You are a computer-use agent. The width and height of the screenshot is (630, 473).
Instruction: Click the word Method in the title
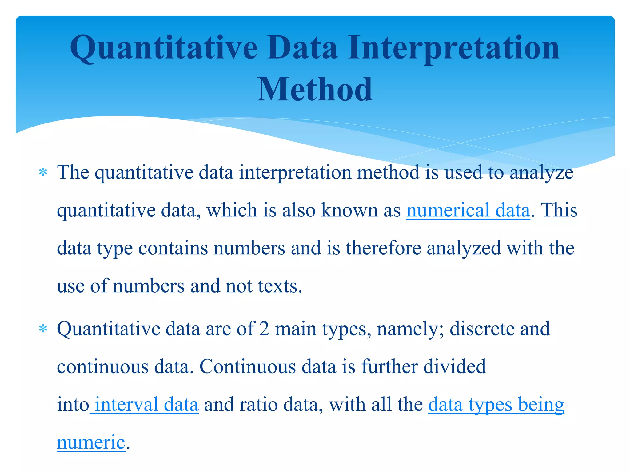(x=314, y=90)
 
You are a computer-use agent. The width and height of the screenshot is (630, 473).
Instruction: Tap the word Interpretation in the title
(x=454, y=48)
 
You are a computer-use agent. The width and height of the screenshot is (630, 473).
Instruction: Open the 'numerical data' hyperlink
(x=468, y=211)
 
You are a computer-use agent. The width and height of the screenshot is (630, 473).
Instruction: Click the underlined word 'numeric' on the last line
(x=91, y=443)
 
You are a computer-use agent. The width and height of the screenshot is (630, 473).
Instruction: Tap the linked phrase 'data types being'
(x=496, y=405)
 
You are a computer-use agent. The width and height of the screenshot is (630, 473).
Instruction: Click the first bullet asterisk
(x=43, y=172)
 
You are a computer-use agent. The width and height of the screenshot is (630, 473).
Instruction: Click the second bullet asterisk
(x=43, y=329)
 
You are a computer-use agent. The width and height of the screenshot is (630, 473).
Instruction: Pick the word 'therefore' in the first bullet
(x=383, y=248)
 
